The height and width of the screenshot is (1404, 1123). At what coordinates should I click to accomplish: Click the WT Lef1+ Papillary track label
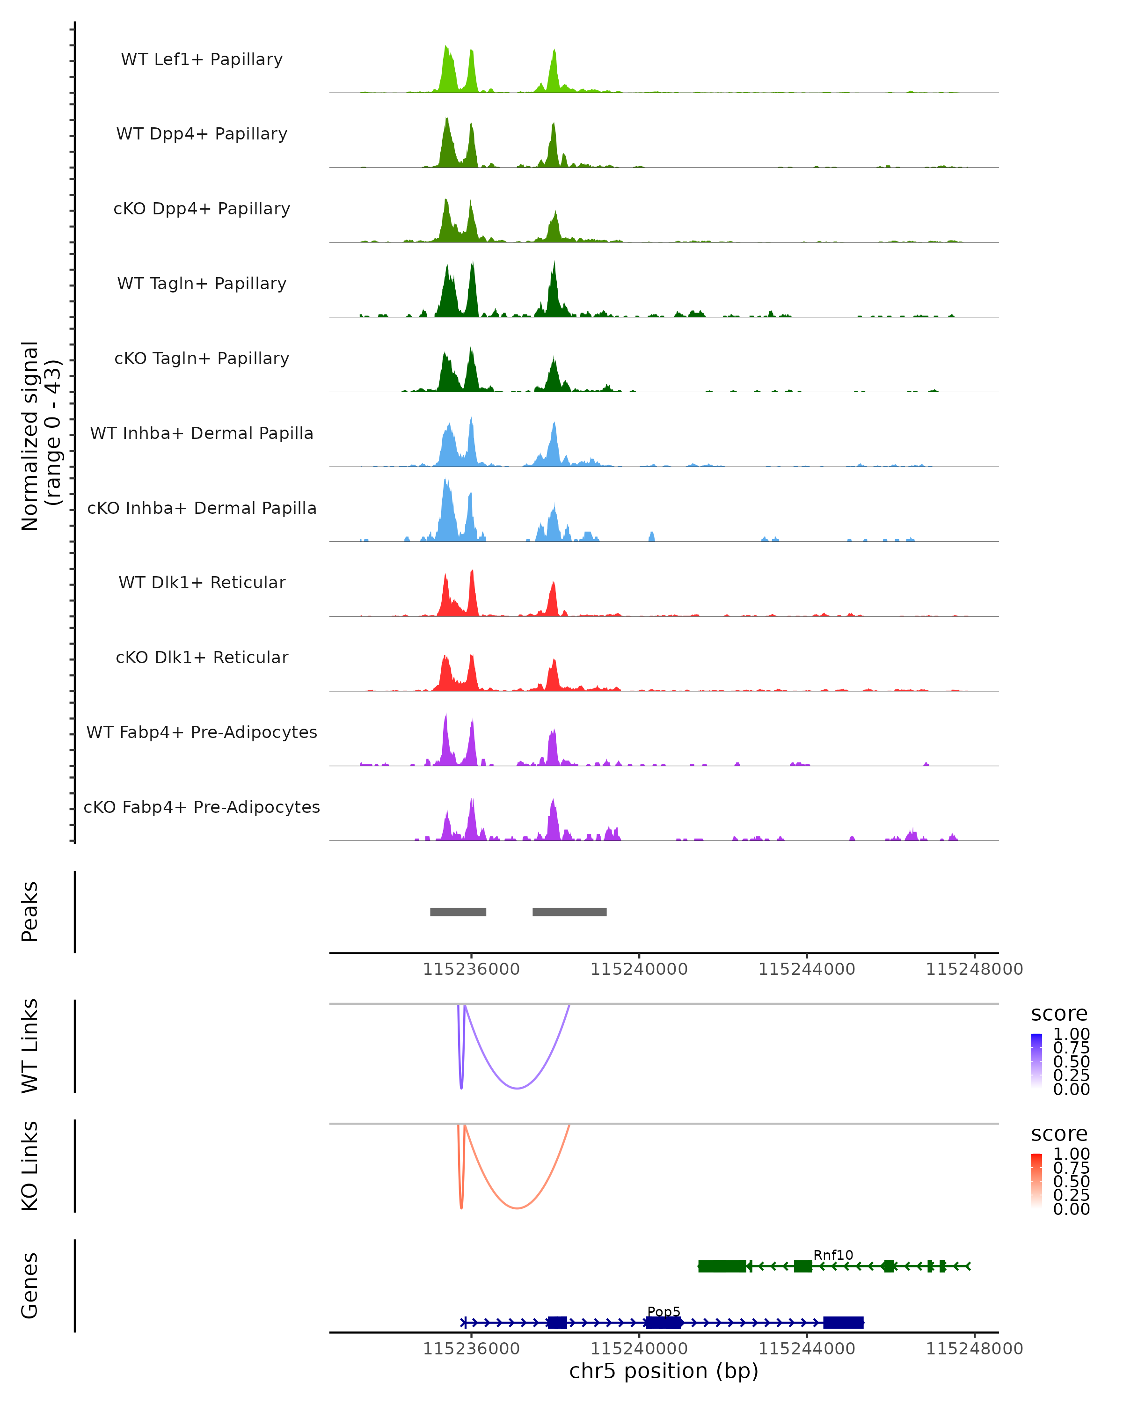[202, 59]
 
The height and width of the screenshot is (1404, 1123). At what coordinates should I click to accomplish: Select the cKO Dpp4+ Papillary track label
[202, 209]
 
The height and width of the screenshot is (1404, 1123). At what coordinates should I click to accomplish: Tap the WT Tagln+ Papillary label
[202, 284]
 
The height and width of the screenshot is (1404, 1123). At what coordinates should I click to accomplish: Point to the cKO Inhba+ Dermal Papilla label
[202, 509]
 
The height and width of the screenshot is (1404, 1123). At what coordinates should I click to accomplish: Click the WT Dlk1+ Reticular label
[202, 583]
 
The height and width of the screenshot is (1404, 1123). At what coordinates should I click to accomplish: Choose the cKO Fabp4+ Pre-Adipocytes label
[202, 807]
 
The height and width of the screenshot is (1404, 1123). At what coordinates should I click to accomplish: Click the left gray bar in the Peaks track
[458, 912]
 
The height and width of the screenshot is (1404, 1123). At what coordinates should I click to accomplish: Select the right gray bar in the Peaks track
[569, 912]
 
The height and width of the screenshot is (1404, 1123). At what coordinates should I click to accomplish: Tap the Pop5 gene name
[664, 1311]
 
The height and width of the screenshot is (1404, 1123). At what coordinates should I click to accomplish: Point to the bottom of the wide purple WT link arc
[517, 1088]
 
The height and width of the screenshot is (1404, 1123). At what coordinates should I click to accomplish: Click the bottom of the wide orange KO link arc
[517, 1208]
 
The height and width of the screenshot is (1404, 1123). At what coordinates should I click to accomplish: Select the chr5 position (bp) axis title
[664, 1371]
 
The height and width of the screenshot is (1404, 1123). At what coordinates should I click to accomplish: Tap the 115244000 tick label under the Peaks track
[807, 970]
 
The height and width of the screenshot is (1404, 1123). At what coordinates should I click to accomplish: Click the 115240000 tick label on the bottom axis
[639, 1349]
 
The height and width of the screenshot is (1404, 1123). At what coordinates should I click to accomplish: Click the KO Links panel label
[30, 1166]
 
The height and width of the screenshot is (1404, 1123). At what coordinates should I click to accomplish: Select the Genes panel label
[30, 1286]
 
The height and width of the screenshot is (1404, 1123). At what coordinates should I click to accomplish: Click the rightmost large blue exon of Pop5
[843, 1323]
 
